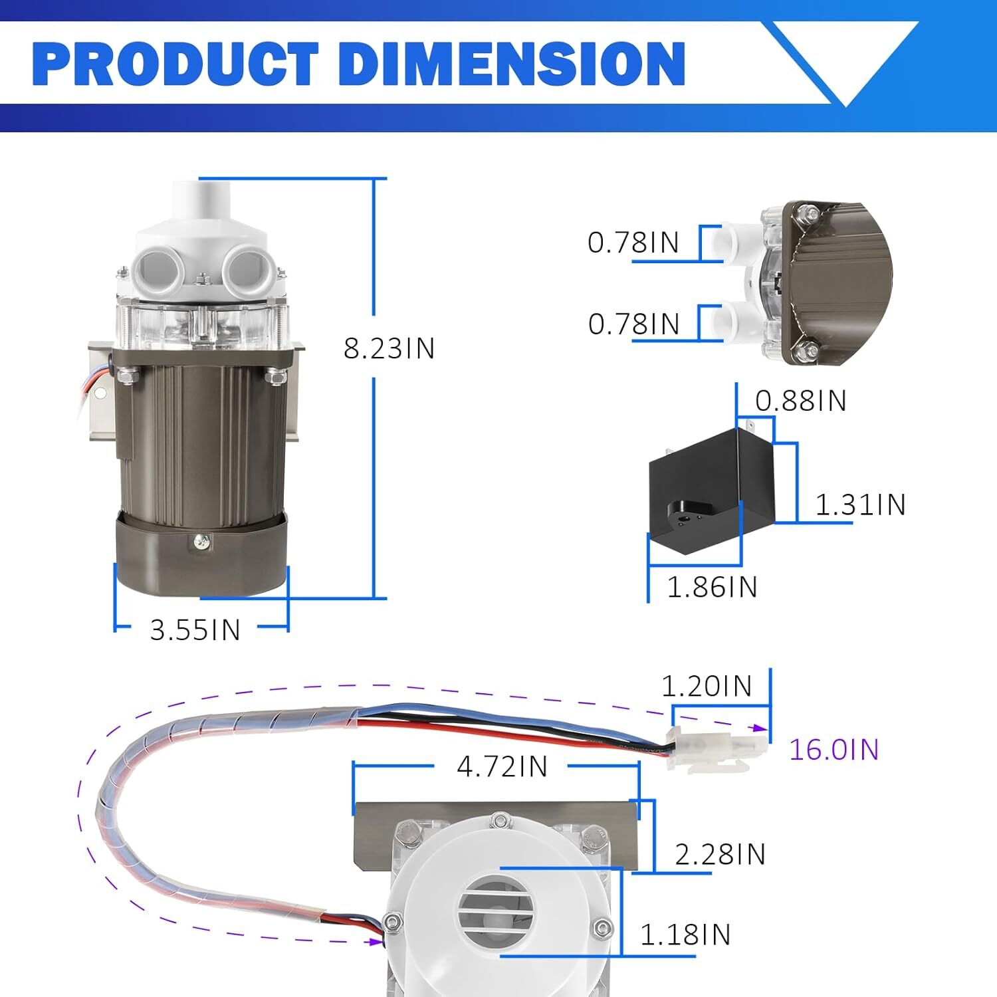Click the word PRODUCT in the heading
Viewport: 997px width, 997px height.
tap(175, 64)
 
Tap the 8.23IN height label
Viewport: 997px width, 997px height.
tap(389, 348)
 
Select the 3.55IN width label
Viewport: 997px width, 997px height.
tap(195, 629)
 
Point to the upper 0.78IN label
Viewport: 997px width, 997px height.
tap(633, 243)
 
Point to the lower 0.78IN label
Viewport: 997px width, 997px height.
tap(633, 324)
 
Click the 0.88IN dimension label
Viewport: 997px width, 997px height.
tap(801, 401)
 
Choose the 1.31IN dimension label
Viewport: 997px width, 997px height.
tap(860, 504)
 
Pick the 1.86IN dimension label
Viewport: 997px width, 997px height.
tap(712, 587)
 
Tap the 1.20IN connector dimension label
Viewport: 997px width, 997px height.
tap(707, 686)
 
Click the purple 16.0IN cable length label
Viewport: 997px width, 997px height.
tap(834, 750)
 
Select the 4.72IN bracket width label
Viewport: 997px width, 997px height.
tap(502, 767)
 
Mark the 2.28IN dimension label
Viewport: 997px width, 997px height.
tap(720, 854)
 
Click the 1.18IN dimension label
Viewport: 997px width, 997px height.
tap(685, 935)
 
